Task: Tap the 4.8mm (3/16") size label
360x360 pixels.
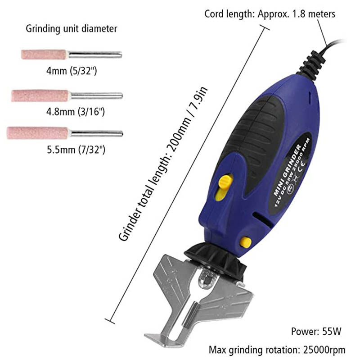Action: click(x=72, y=111)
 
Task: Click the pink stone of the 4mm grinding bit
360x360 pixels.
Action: click(x=44, y=55)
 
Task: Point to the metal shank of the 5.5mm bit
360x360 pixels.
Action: click(x=97, y=133)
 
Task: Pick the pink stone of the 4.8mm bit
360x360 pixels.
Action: click(x=40, y=95)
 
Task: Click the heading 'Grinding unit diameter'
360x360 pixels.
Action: click(x=71, y=29)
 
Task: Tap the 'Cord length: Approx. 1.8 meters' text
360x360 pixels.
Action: click(x=270, y=14)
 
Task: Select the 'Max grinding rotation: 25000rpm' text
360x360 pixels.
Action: click(x=277, y=349)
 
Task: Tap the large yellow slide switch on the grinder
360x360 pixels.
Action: click(x=225, y=186)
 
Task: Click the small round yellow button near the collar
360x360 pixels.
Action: click(x=245, y=242)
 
